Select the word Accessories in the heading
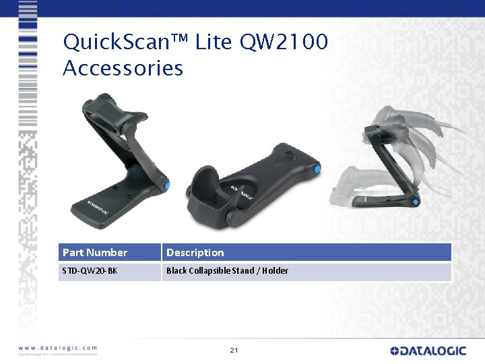click(x=123, y=68)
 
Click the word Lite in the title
click(x=214, y=42)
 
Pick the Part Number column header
click(x=95, y=253)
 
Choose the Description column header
click(x=195, y=253)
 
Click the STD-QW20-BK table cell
click(x=90, y=271)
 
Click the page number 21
click(x=234, y=351)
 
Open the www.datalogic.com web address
click(x=58, y=348)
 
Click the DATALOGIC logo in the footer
click(x=428, y=351)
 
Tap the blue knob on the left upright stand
click(x=166, y=185)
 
